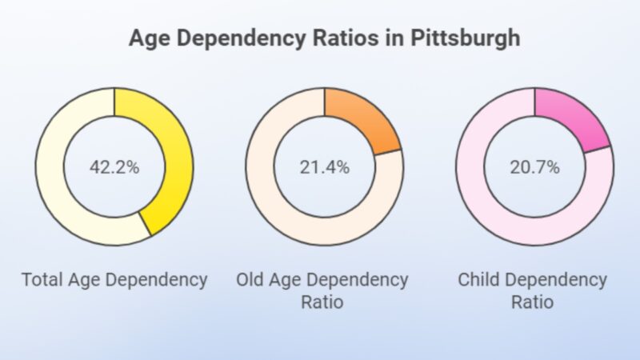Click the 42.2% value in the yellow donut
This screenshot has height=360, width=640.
click(x=114, y=167)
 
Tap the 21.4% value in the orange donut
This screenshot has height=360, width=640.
click(x=323, y=167)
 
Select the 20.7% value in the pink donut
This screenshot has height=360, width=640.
click(x=534, y=167)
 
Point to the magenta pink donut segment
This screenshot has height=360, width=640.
click(x=576, y=120)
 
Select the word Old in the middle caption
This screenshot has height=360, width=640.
click(x=251, y=281)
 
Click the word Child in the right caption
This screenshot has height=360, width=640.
click(x=479, y=281)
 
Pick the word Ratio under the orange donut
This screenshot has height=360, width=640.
click(x=322, y=303)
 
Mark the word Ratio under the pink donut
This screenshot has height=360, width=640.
click(x=532, y=303)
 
